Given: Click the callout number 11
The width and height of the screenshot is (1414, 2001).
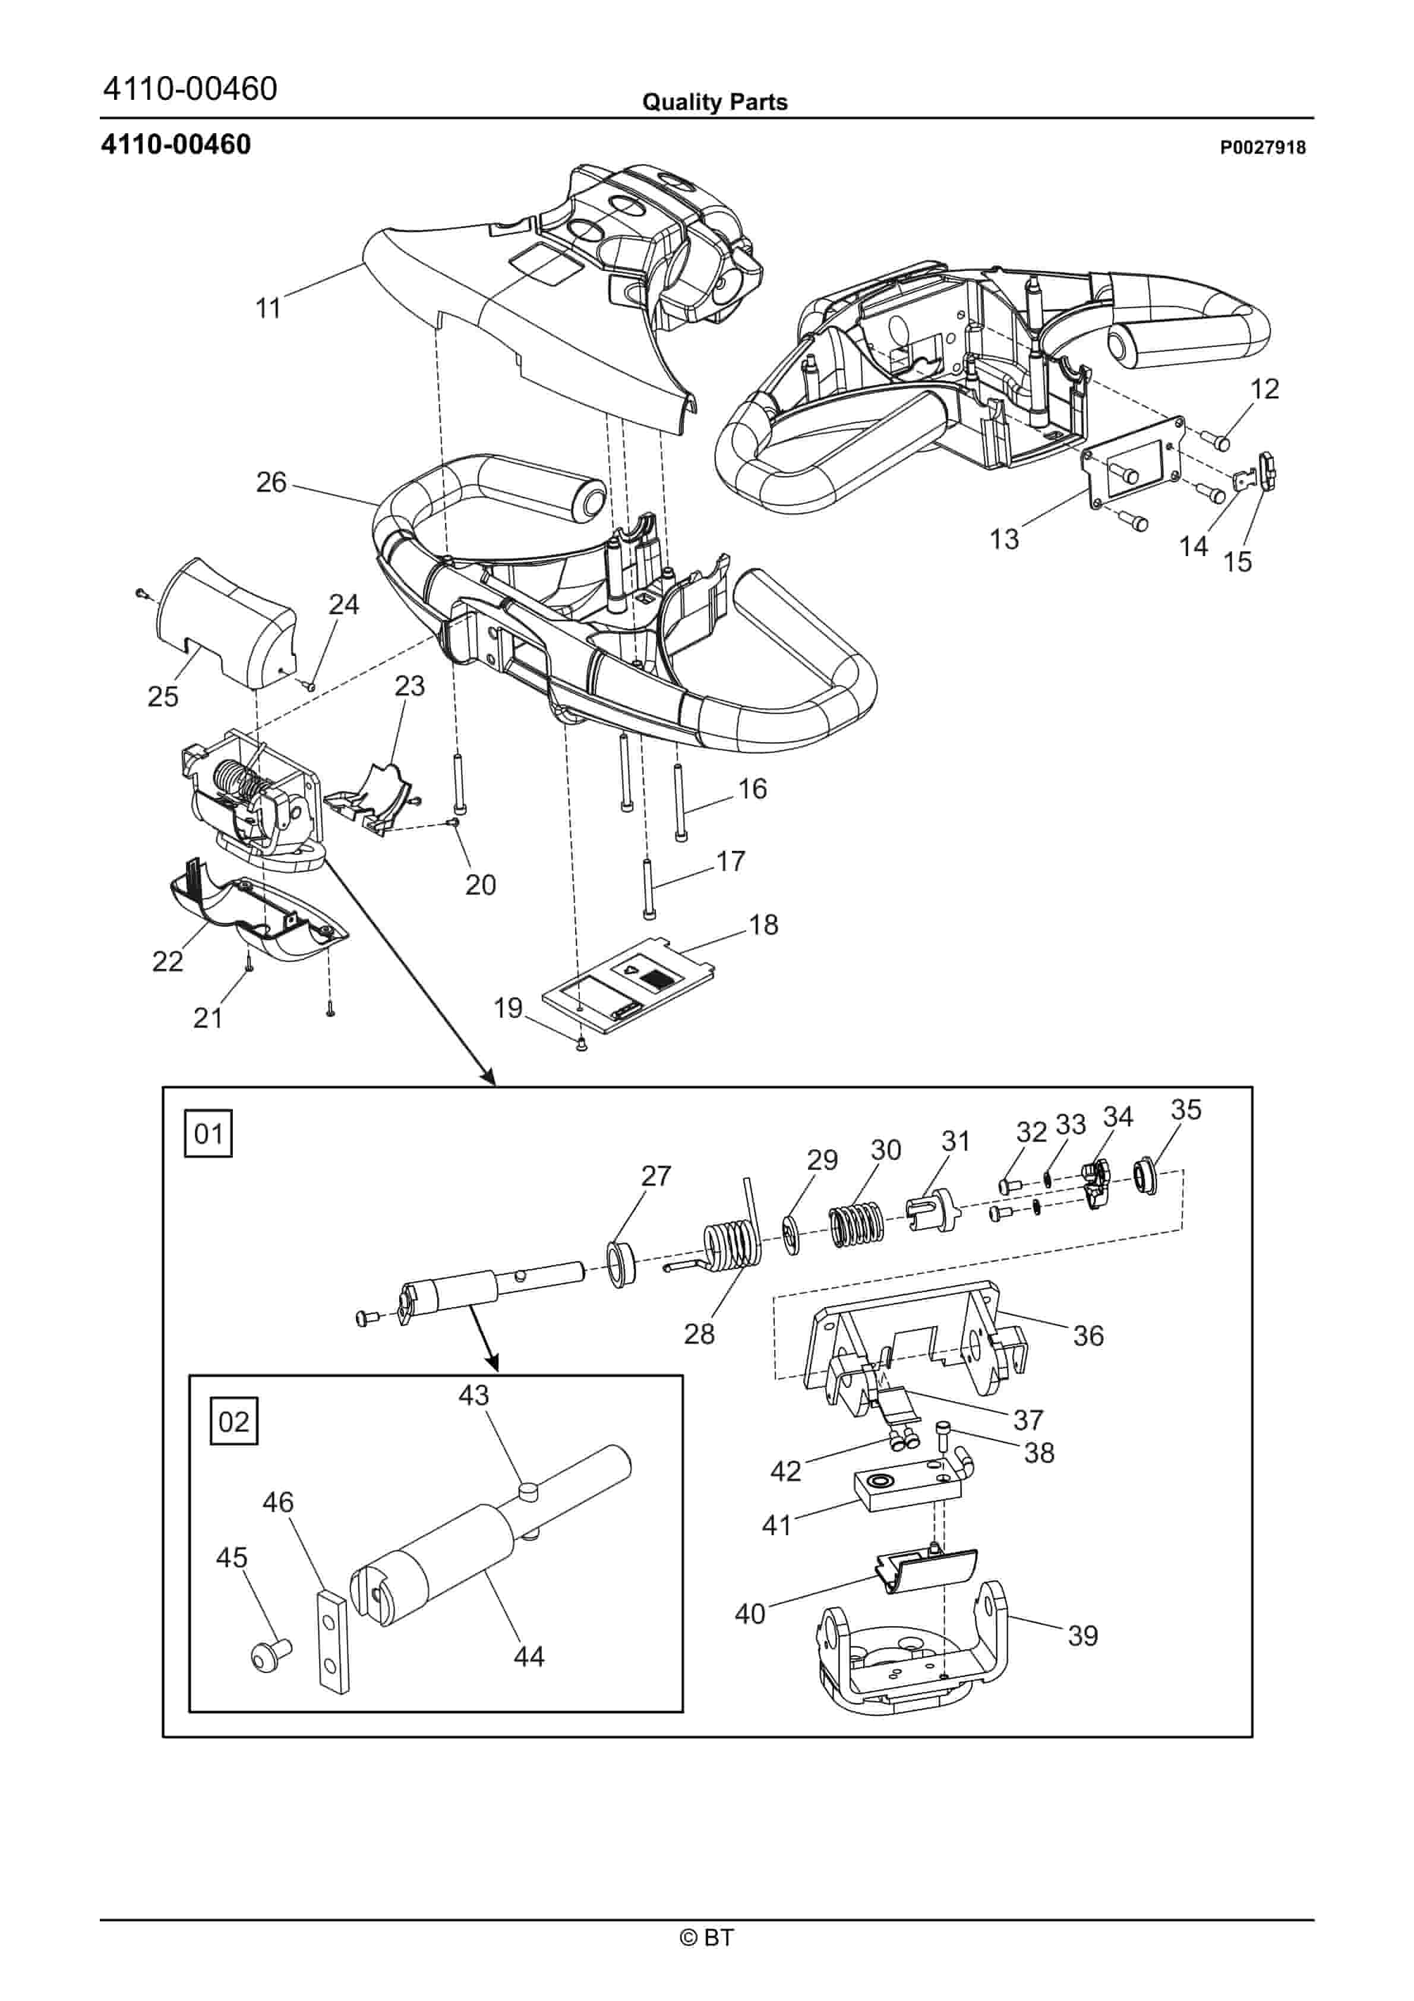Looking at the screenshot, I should pyautogui.click(x=267, y=308).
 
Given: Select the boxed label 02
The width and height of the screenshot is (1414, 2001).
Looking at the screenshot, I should pyautogui.click(x=233, y=1422).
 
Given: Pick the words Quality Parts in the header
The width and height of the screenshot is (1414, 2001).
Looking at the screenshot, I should pyautogui.click(x=714, y=102).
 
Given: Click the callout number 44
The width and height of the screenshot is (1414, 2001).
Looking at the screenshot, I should pyautogui.click(x=529, y=1655).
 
